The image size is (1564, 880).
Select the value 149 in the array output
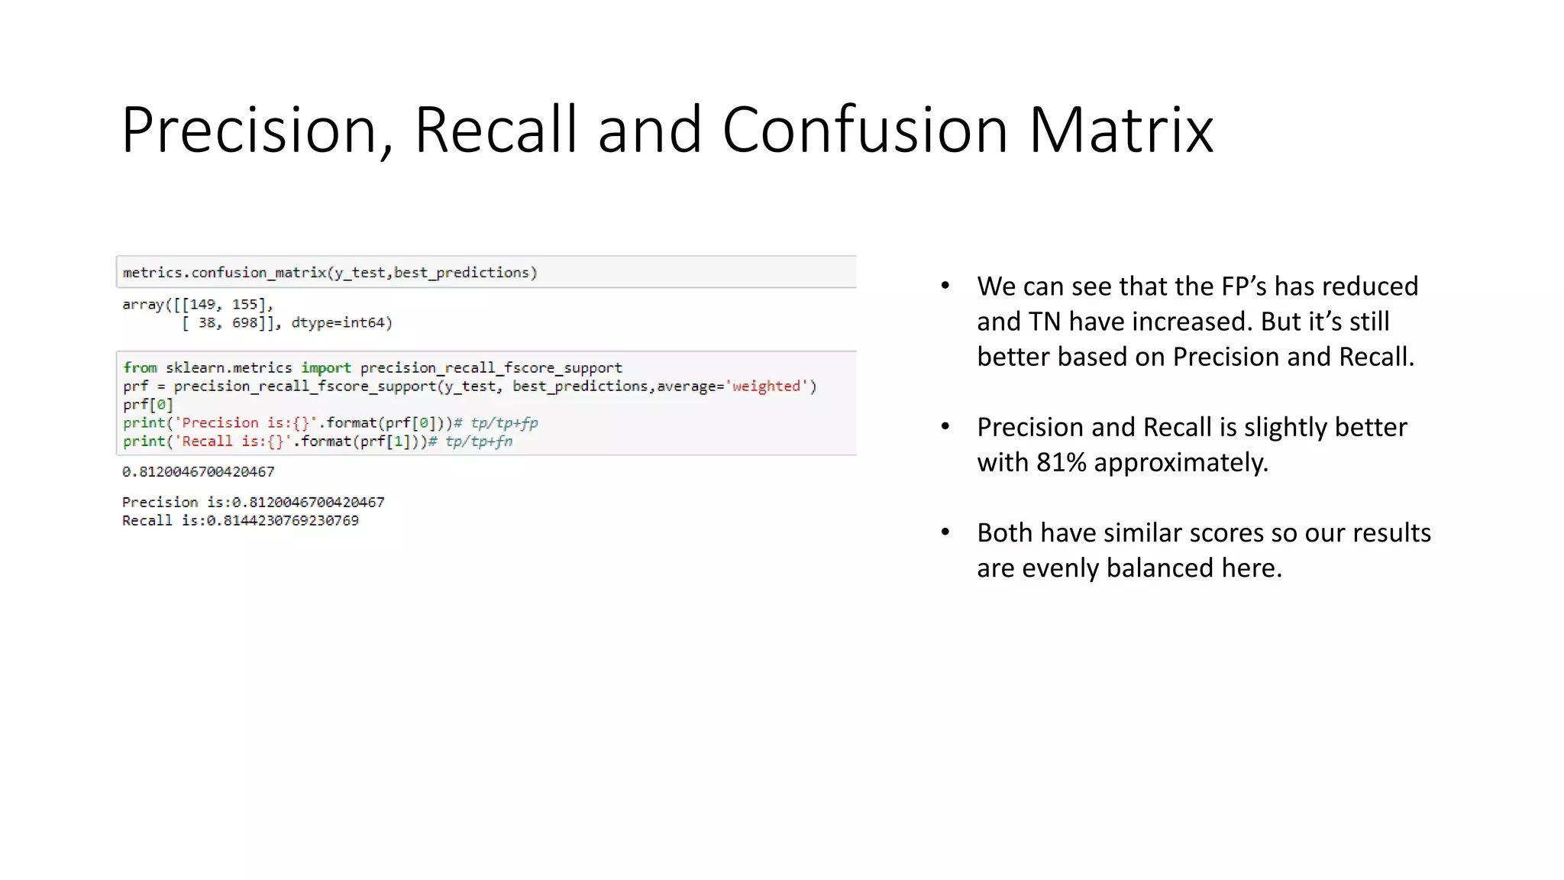(202, 305)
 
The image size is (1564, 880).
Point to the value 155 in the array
(245, 305)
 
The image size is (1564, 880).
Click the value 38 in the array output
(207, 323)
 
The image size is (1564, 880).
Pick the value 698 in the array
(245, 323)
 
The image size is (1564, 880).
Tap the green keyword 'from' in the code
(140, 368)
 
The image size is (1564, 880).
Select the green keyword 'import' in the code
(326, 368)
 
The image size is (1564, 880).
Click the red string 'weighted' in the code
(766, 387)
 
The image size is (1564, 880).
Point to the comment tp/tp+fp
(504, 423)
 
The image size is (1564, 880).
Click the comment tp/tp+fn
(479, 442)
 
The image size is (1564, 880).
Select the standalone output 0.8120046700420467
(199, 472)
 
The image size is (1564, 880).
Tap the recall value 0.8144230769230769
(283, 521)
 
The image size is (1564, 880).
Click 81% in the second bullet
(1061, 463)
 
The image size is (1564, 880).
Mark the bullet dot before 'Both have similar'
(945, 532)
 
